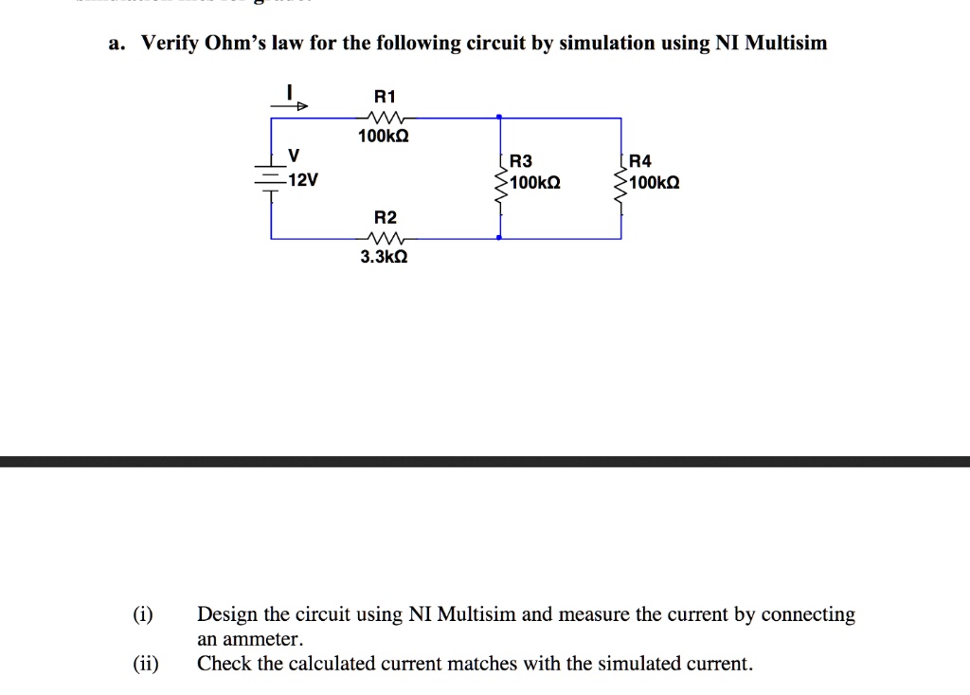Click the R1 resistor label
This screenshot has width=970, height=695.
click(x=385, y=96)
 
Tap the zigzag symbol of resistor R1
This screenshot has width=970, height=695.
click(x=385, y=118)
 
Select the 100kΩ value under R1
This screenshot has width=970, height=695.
click(x=383, y=137)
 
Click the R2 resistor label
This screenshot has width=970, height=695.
click(x=385, y=217)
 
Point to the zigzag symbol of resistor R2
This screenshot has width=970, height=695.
click(x=385, y=238)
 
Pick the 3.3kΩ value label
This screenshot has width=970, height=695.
click(x=384, y=257)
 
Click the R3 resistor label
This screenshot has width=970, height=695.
click(x=522, y=161)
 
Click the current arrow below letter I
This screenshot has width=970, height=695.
click(x=291, y=106)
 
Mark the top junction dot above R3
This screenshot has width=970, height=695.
click(x=499, y=118)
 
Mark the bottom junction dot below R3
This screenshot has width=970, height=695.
click(x=499, y=239)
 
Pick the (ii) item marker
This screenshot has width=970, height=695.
click(x=146, y=664)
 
